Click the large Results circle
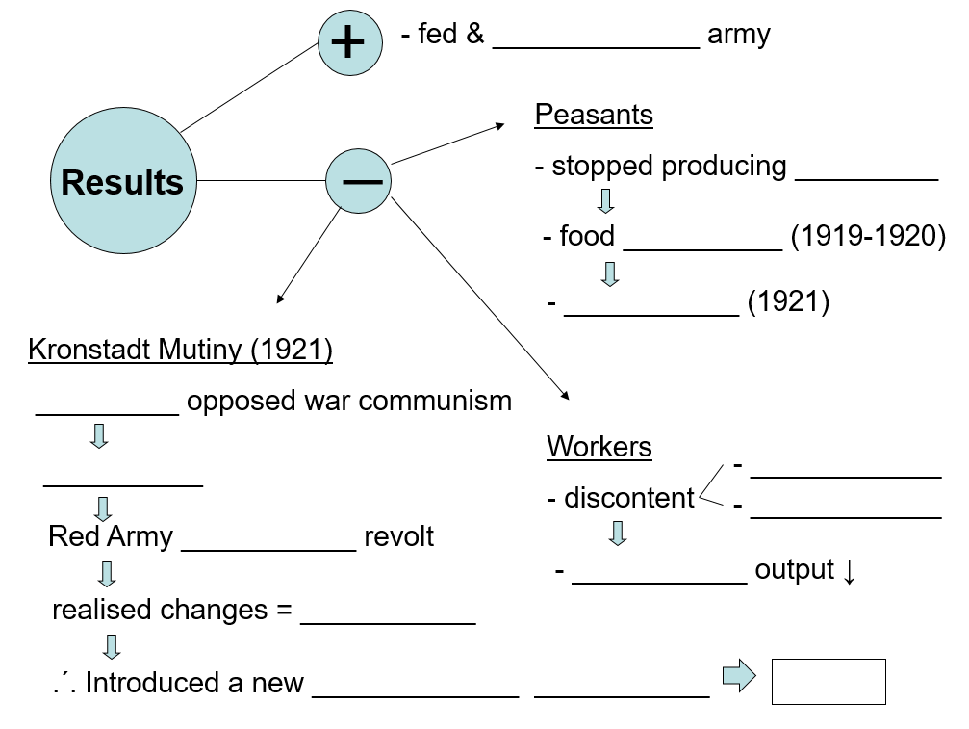pyautogui.click(x=122, y=180)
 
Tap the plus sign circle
pyautogui.click(x=347, y=42)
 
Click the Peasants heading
pyautogui.click(x=594, y=115)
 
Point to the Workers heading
pyautogui.click(x=599, y=447)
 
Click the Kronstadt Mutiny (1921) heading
pyautogui.click(x=181, y=349)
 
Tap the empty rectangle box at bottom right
pyautogui.click(x=829, y=682)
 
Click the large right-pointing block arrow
pyautogui.click(x=739, y=676)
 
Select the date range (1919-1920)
pyautogui.click(x=868, y=236)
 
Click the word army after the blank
pyautogui.click(x=739, y=36)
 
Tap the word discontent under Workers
pyautogui.click(x=628, y=498)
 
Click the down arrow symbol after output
pyautogui.click(x=849, y=570)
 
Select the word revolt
pyautogui.click(x=398, y=536)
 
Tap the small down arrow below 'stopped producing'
pyautogui.click(x=605, y=201)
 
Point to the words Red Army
pyautogui.click(x=111, y=536)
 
